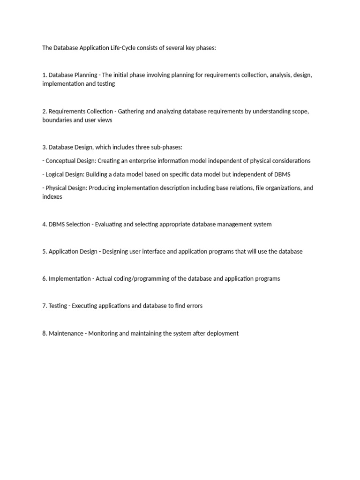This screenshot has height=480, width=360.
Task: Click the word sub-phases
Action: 168,147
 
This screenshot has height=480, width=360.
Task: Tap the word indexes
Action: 52,197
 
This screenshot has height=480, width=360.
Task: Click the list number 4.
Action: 44,224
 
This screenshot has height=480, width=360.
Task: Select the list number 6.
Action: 44,278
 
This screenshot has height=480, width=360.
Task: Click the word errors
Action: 194,306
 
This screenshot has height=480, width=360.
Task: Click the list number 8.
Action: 44,333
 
